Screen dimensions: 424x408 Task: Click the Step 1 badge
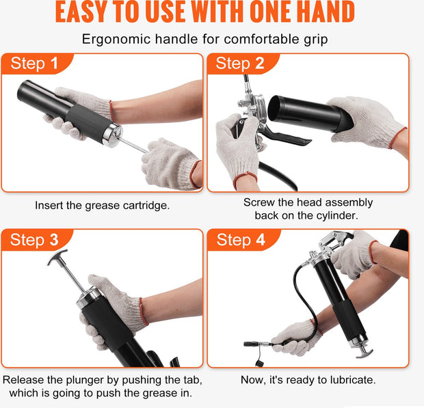[x=35, y=64]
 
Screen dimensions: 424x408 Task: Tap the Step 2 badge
[x=241, y=64]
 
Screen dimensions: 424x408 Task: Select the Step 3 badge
[x=35, y=240]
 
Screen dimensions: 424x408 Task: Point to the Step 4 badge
[x=241, y=240]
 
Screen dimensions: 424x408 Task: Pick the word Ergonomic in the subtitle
[x=116, y=40]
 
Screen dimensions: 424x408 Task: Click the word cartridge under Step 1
[x=146, y=206]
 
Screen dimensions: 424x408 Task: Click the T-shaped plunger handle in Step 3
[x=57, y=257]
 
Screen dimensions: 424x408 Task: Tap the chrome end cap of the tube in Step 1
[x=113, y=135]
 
